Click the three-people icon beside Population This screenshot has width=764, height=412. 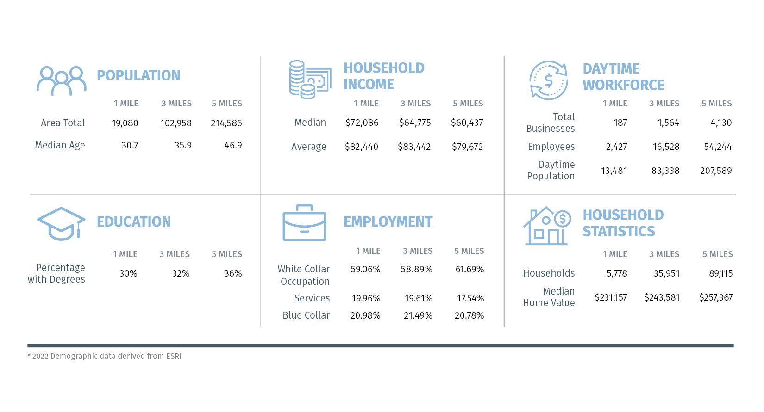(62, 81)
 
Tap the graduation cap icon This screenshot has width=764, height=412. (61, 223)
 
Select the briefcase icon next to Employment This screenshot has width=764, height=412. (304, 223)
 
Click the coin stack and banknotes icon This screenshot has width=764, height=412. (310, 80)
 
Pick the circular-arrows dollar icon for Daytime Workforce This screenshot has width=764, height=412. (549, 80)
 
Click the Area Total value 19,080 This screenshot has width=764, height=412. (125, 123)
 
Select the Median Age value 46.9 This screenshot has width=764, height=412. (233, 145)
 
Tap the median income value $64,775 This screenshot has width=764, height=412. (415, 123)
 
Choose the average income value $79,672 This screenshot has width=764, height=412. (467, 147)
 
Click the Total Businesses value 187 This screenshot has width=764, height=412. (620, 123)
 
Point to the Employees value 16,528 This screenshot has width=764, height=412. (666, 147)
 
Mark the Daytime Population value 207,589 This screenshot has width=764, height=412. (716, 171)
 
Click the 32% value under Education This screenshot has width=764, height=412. (181, 273)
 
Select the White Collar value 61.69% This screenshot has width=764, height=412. (470, 269)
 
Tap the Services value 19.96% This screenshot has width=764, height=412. (366, 298)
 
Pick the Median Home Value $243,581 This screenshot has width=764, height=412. (662, 297)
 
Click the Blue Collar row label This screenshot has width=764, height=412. (306, 315)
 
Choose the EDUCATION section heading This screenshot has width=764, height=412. (134, 221)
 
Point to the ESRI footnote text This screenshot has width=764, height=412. (105, 356)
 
